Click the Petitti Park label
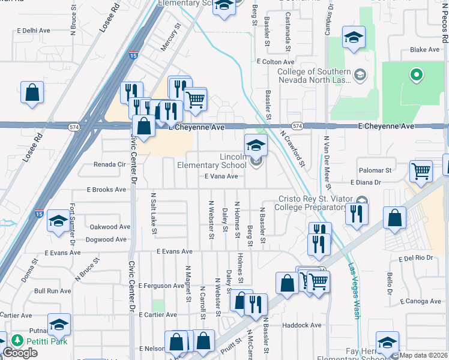pos(45,341)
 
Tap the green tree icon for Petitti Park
pos(17,341)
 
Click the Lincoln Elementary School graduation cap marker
pos(255,146)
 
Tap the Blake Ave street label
pos(425,50)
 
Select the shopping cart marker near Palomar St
pos(421,170)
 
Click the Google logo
pos(20,353)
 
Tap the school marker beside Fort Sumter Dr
pos(58,221)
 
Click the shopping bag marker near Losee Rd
pos(32,93)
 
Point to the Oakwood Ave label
pos(109,227)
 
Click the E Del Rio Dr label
pos(415,258)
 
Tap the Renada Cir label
pos(109,164)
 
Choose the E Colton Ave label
pos(275,61)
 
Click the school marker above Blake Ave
pos(354,37)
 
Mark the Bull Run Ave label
pos(52,291)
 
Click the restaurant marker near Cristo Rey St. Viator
pos(357,214)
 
